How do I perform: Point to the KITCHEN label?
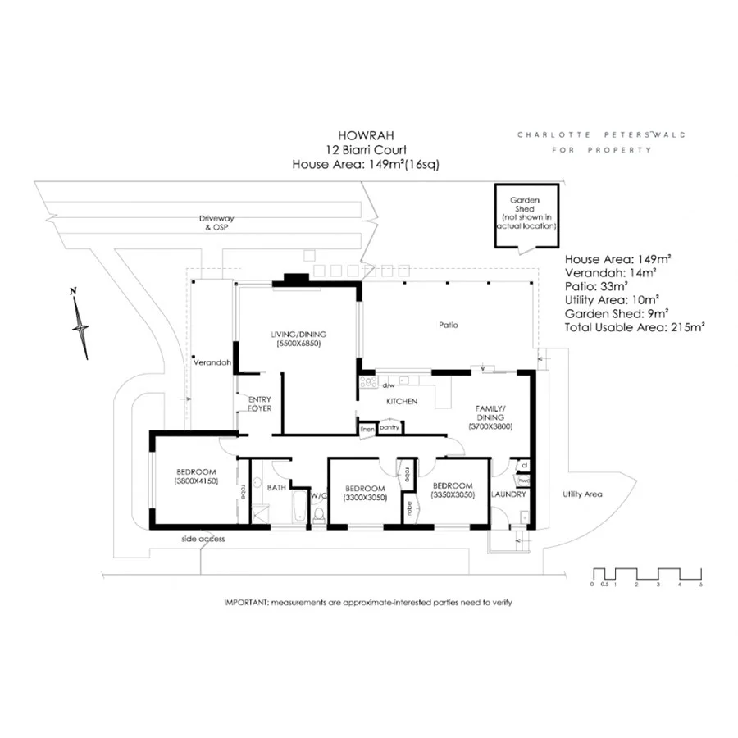403,401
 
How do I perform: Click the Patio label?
448,326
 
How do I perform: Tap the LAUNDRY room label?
508,494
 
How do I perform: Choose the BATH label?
277,489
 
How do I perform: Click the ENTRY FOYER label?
260,403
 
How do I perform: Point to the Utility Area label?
582,494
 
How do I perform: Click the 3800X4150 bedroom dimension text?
195,482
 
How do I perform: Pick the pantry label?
389,427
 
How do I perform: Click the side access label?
203,539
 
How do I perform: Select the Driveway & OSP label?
216,223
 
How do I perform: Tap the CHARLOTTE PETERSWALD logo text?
601,134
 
